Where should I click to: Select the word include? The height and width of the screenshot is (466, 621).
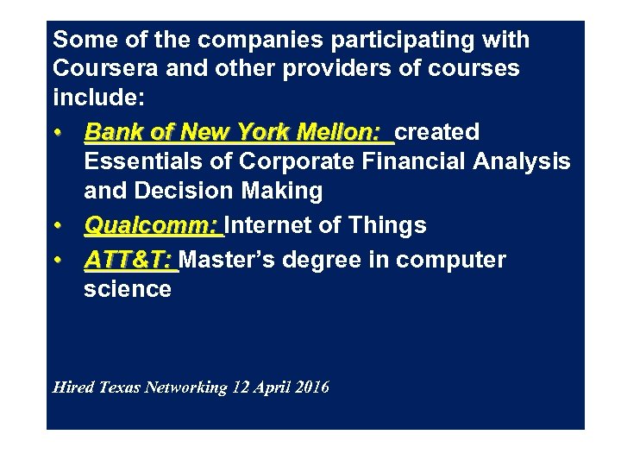pyautogui.click(x=97, y=98)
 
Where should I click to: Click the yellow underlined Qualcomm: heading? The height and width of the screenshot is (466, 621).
pyautogui.click(x=151, y=226)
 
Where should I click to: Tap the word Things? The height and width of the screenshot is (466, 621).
pyautogui.click(x=386, y=226)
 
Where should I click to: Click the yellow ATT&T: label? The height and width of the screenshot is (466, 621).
pyautogui.click(x=129, y=260)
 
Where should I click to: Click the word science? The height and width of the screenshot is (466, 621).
pyautogui.click(x=128, y=289)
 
